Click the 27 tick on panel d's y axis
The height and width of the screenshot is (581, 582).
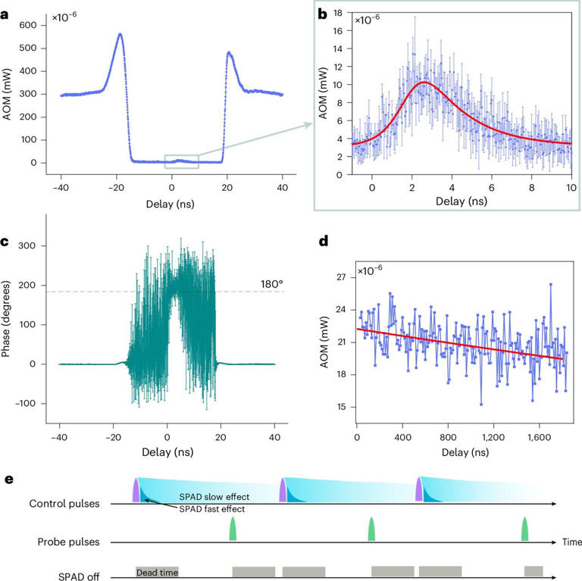[341, 277]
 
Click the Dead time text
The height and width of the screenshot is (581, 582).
[157, 569]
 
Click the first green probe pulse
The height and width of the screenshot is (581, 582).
[233, 529]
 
